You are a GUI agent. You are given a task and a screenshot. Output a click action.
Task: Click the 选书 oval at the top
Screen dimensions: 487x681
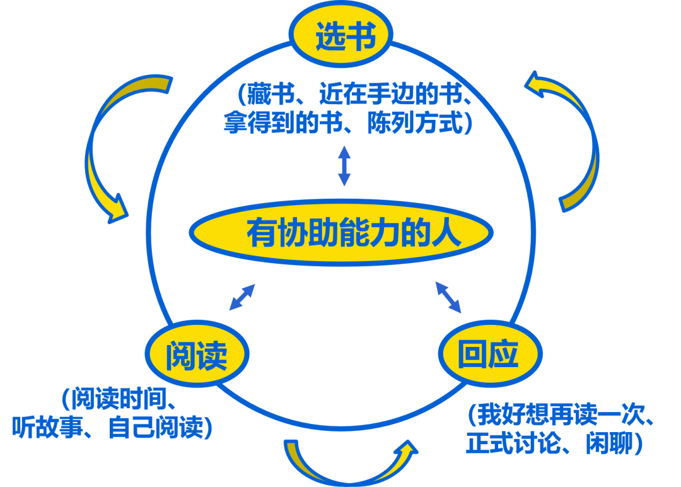[x=341, y=35]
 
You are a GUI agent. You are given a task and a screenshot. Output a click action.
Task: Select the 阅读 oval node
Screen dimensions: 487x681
[x=197, y=355]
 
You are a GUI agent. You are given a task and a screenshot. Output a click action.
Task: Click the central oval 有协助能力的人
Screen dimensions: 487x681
[x=340, y=232]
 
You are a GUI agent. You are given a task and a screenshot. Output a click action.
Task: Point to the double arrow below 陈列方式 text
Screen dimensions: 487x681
[x=344, y=165]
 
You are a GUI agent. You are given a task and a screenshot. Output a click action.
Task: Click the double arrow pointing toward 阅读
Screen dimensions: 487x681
[x=242, y=297]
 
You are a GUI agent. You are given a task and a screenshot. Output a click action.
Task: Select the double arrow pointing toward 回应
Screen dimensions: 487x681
[x=448, y=297]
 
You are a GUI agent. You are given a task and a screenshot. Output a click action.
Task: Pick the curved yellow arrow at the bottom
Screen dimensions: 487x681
[x=350, y=464]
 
